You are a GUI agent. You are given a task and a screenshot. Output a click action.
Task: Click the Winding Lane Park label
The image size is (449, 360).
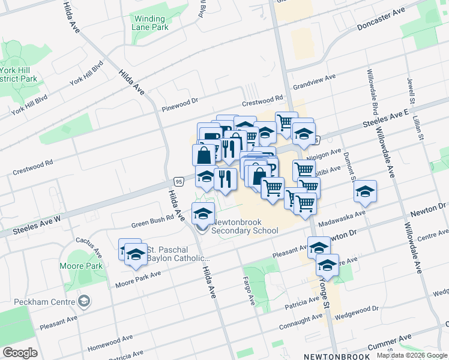point(151,23)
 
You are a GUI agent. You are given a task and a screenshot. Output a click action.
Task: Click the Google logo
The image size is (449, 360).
point(20,353)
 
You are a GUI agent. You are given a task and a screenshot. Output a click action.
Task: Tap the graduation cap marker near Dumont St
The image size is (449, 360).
point(365,192)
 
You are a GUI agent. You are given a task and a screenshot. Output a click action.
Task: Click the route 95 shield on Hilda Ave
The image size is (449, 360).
point(178,180)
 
